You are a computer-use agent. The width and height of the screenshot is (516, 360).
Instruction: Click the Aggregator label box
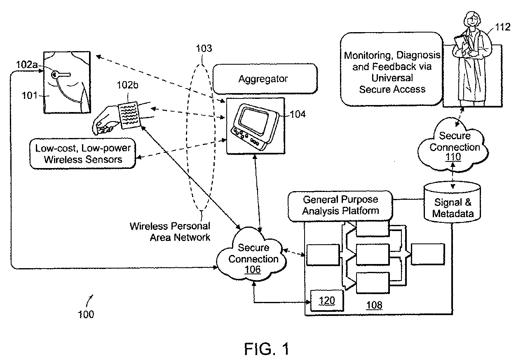(263, 79)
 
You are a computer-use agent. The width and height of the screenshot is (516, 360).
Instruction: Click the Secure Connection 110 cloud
(454, 146)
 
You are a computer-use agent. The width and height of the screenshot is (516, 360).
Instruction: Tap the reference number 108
(374, 305)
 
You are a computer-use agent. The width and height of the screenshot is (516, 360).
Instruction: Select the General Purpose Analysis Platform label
(341, 205)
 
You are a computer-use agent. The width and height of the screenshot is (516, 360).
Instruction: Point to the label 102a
(26, 65)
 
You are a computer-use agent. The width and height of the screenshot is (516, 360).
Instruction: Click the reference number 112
(502, 28)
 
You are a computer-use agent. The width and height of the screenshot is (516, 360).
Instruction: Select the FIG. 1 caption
(266, 348)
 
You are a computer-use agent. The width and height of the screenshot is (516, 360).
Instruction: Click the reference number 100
(86, 314)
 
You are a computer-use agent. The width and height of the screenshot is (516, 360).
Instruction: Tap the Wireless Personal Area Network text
(170, 231)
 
